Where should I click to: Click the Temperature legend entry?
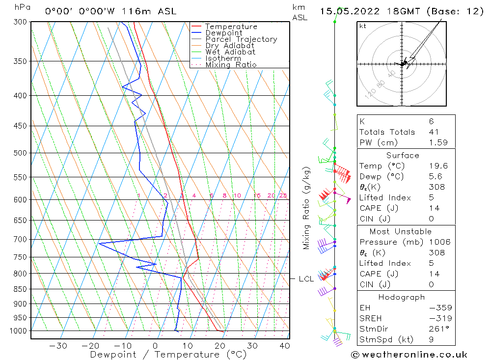(x=231, y=27)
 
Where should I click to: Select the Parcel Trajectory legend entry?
(x=241, y=39)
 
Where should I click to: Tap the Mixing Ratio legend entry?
(x=231, y=64)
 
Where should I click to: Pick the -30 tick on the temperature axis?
(x=58, y=346)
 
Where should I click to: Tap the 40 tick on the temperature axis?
(x=284, y=346)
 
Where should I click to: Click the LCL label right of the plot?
(x=306, y=279)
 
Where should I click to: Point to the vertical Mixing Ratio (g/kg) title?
(x=307, y=208)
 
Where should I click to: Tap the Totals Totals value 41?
(x=434, y=132)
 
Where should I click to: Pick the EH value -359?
(x=437, y=308)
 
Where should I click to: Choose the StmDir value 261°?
(x=436, y=329)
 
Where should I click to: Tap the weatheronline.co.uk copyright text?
(x=409, y=355)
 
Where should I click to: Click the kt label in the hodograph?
(x=363, y=26)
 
